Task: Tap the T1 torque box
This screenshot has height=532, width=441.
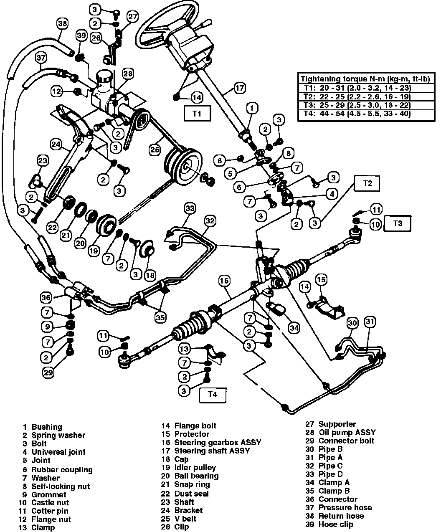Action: point(197,113)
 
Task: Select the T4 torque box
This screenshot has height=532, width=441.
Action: point(213,395)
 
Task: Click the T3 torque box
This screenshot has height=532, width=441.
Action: point(398,223)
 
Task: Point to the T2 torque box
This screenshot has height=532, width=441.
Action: point(367,182)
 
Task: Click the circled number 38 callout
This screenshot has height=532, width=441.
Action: point(62,24)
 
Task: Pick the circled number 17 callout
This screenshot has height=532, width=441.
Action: point(239,88)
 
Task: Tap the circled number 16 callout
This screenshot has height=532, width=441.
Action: point(224,281)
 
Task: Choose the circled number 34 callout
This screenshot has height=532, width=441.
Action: point(294,328)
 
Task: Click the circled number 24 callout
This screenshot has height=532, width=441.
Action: point(56,144)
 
